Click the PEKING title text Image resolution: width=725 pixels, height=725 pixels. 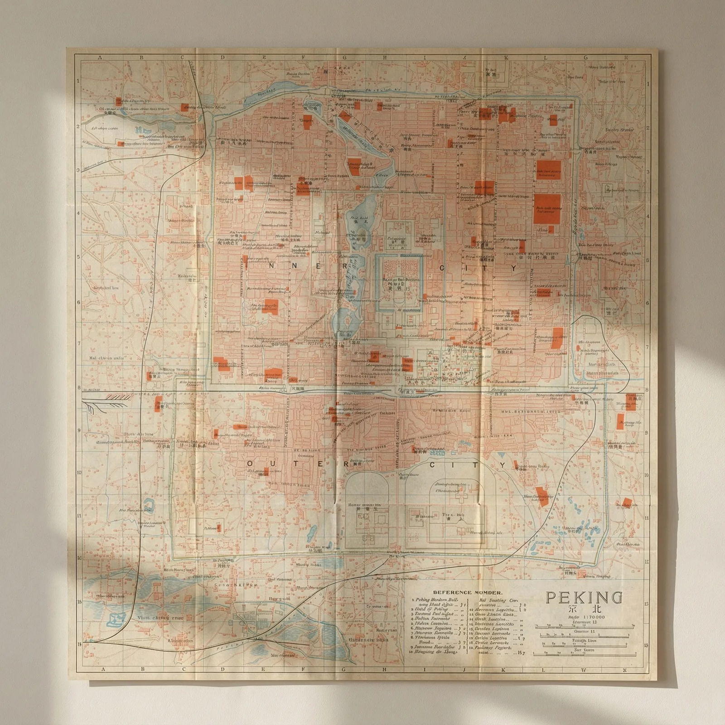click(x=584, y=598)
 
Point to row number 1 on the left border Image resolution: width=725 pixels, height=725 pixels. click(x=78, y=81)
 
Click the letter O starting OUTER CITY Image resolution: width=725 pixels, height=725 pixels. click(x=250, y=464)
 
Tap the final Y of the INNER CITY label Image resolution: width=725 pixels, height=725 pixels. click(x=513, y=268)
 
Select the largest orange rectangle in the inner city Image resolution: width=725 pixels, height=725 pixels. click(x=547, y=208)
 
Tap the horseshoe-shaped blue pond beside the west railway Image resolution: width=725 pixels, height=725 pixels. click(x=148, y=504)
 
